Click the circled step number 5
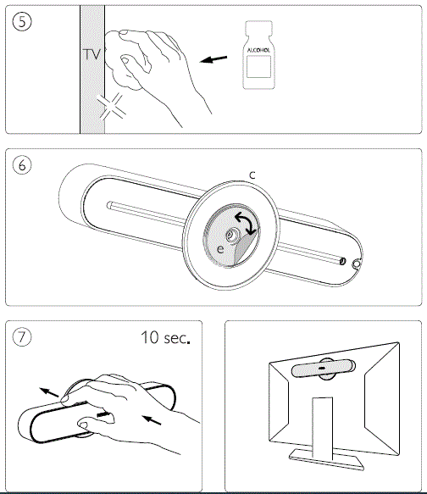(x=22, y=22)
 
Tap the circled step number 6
(x=22, y=165)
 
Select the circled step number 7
(x=22, y=337)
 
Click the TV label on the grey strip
(x=92, y=54)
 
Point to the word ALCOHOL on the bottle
(x=258, y=50)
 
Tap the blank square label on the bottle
(x=258, y=66)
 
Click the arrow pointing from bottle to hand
(x=213, y=59)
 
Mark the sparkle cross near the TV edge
(x=112, y=107)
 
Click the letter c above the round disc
(x=252, y=175)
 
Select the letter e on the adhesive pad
(x=221, y=249)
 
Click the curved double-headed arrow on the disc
(x=246, y=222)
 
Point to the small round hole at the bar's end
(x=356, y=264)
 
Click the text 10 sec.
(x=166, y=337)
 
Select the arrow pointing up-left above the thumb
(x=49, y=392)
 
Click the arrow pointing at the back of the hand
(x=152, y=420)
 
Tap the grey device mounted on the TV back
(x=323, y=368)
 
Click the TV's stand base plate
(x=326, y=459)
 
